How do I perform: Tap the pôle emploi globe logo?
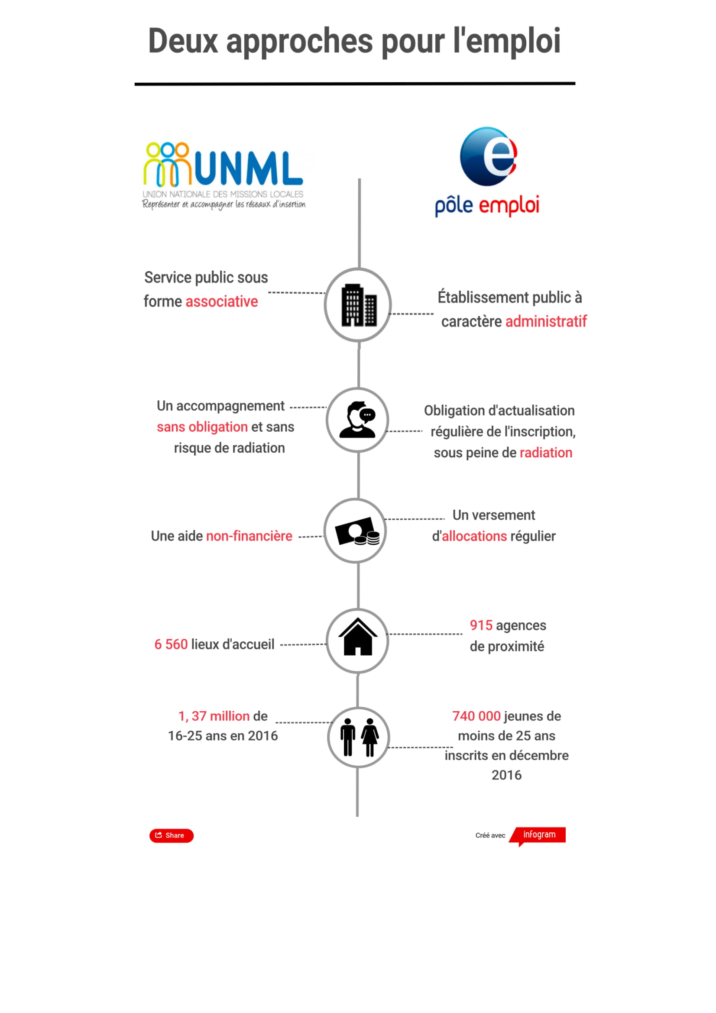pos(488,157)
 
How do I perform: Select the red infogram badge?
pos(539,834)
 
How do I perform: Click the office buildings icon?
pos(359,305)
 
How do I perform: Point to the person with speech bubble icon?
pos(358,420)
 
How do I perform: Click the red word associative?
pos(221,301)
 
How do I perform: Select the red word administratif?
pos(546,321)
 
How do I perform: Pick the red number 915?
pos(481,625)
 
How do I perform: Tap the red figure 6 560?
pos(171,644)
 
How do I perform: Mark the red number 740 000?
pos(476,716)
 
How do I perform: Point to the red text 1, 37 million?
pos(214,716)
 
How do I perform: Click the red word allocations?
pos(474,536)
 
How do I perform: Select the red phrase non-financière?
pos(249,536)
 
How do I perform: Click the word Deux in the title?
pos(183,41)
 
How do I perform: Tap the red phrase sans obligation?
pos(202,427)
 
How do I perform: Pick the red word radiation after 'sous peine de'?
pos(546,453)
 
